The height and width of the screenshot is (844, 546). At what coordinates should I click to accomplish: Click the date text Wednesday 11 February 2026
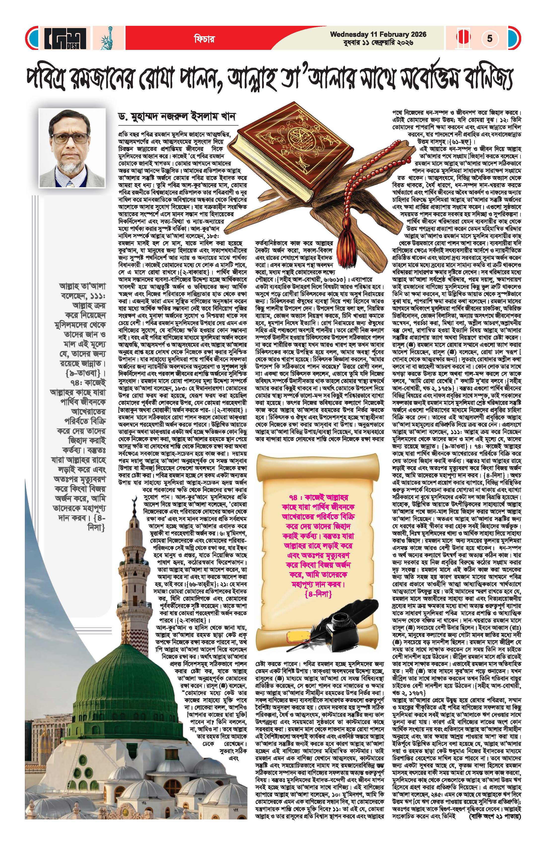pyautogui.click(x=378, y=35)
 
